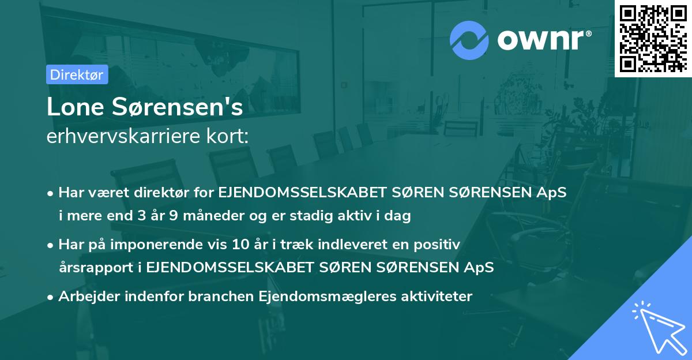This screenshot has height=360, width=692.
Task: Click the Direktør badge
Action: tap(76, 74)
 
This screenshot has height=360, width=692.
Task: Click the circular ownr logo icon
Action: tap(469, 40)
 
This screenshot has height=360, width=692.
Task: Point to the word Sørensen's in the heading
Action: tap(176, 107)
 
